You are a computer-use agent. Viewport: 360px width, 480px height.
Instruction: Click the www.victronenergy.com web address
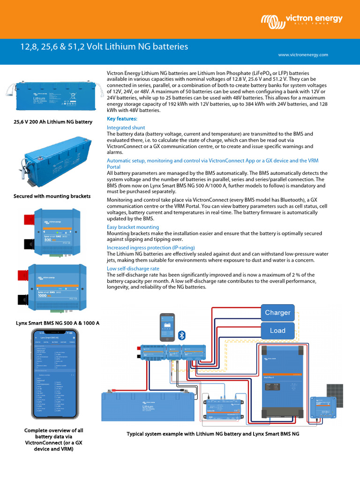coord(303,55)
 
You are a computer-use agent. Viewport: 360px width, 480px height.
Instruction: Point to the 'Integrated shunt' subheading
coord(126,127)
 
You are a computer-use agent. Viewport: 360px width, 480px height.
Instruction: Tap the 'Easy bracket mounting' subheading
coord(133,227)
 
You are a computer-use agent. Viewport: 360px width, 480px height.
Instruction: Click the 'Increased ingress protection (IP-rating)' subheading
coord(150,247)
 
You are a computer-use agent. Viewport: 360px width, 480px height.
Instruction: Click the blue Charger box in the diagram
coord(277,313)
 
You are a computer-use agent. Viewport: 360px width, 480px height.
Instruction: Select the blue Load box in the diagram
coord(277,330)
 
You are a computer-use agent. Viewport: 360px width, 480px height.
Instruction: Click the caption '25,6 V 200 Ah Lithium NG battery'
coord(52,122)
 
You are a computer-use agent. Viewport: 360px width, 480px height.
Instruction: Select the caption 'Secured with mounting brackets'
coord(52,196)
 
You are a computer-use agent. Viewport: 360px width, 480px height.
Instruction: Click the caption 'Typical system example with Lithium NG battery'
coord(213,434)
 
